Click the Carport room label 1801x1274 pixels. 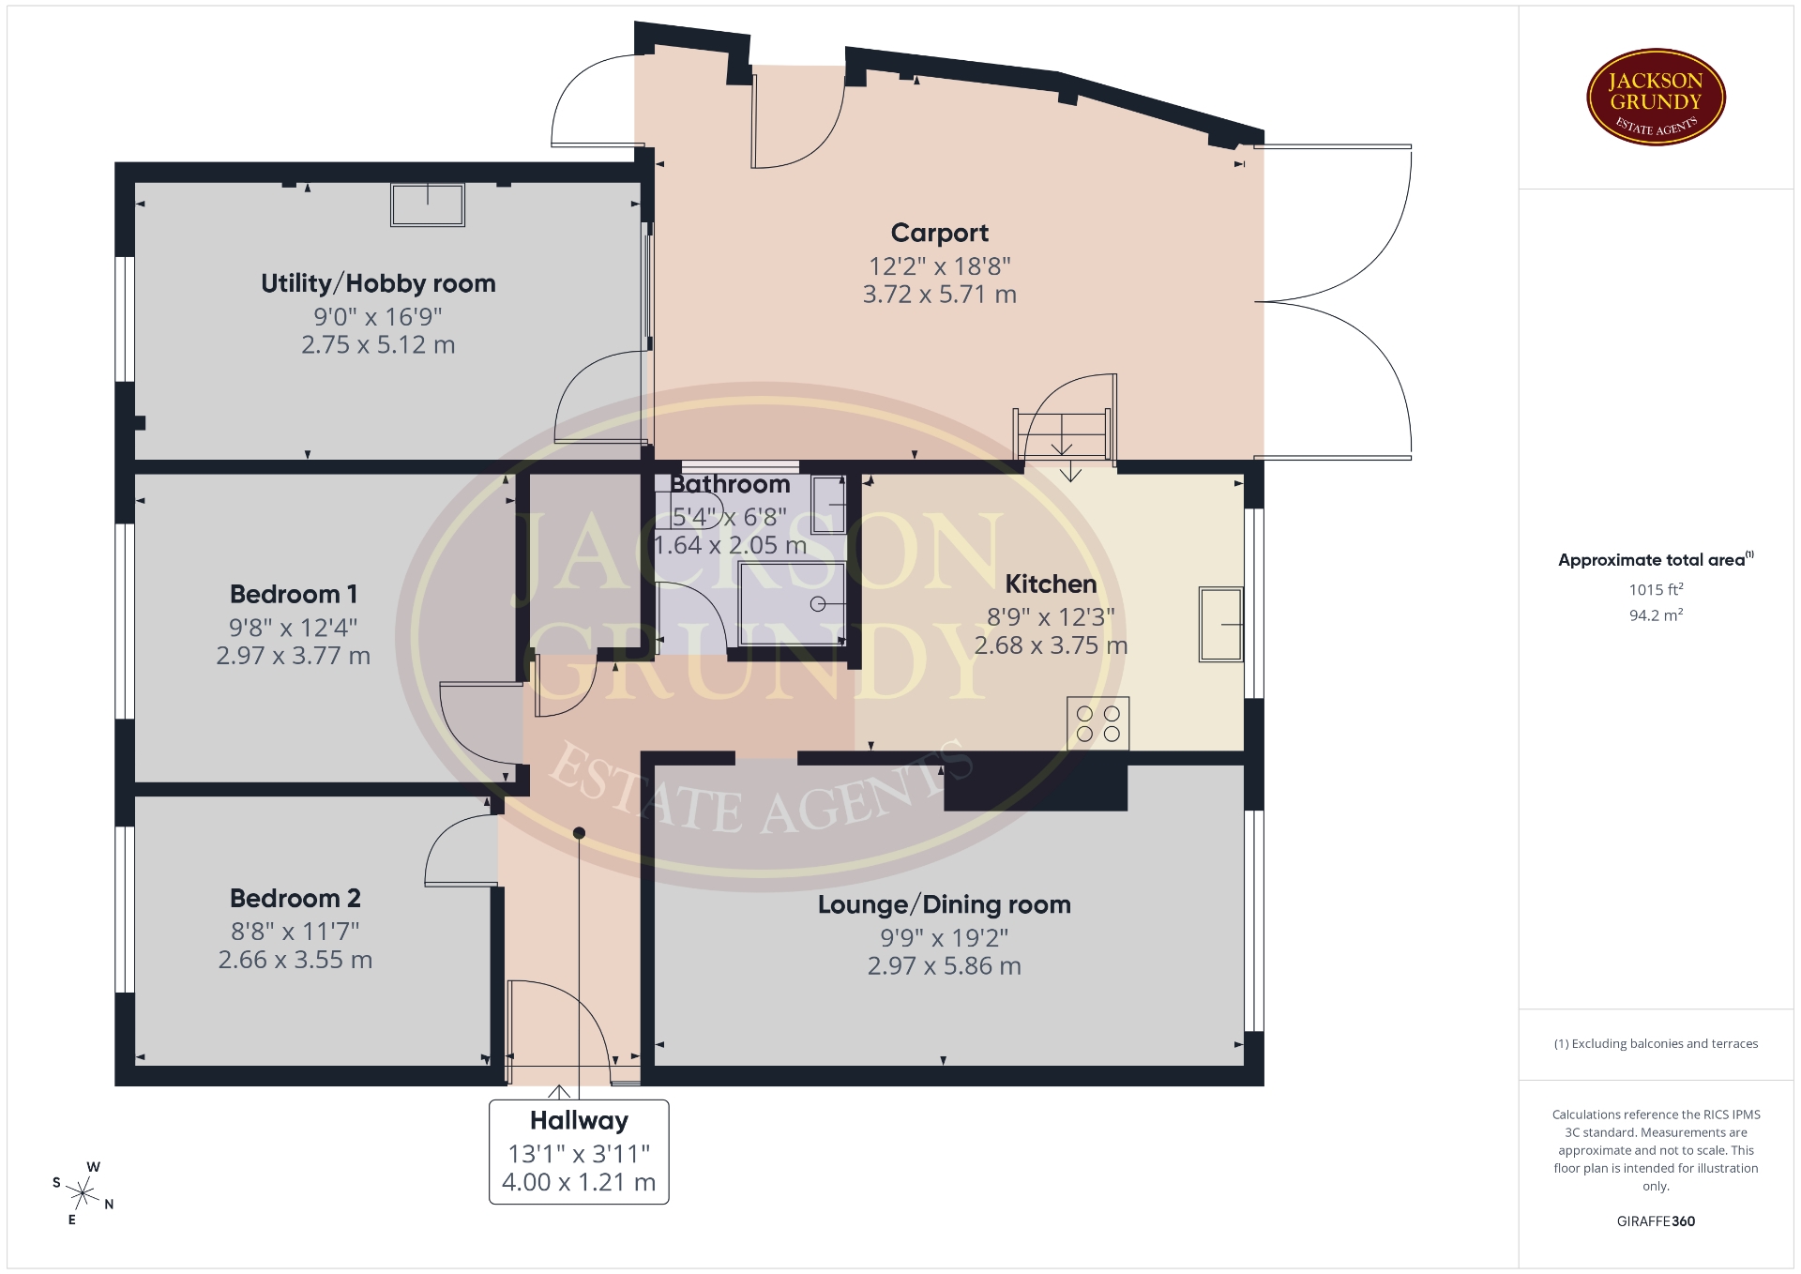pos(939,234)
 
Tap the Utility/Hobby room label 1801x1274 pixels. pos(378,283)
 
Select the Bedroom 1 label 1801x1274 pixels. pos(294,594)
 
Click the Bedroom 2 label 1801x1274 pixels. pos(295,898)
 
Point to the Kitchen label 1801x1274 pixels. pos(1051,584)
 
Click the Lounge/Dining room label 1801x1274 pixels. pos(944,904)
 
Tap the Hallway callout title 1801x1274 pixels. pos(579,1120)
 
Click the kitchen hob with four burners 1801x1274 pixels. pos(1097,723)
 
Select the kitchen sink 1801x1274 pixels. pos(1221,624)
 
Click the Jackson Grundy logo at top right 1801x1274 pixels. pos(1656,98)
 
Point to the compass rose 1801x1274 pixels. pos(83,1193)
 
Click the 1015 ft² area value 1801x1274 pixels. pos(1656,589)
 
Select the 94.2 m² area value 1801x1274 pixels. pos(1656,615)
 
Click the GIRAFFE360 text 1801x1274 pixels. pos(1656,1221)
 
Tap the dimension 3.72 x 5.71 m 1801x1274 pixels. pos(939,295)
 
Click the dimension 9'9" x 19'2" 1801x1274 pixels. pos(944,937)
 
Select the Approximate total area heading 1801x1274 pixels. pos(1656,560)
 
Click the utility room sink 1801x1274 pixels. pos(428,205)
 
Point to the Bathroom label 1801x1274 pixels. pos(730,484)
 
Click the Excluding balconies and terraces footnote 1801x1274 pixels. pos(1656,1043)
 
